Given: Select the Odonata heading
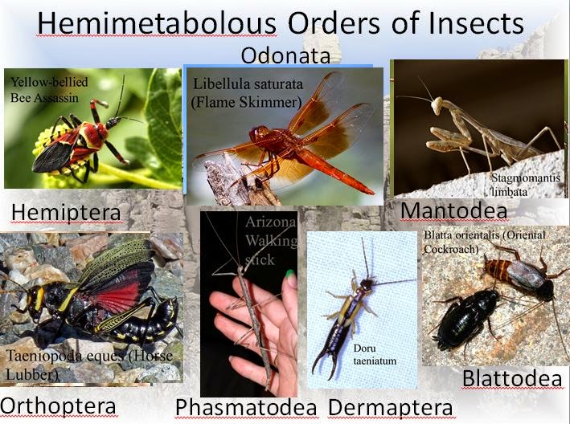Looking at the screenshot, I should (285, 56).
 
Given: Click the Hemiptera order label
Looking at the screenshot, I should (66, 212).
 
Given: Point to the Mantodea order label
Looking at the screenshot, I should (453, 210).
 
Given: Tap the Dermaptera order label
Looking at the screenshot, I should (390, 407).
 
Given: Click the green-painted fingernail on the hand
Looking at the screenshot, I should (289, 275).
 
